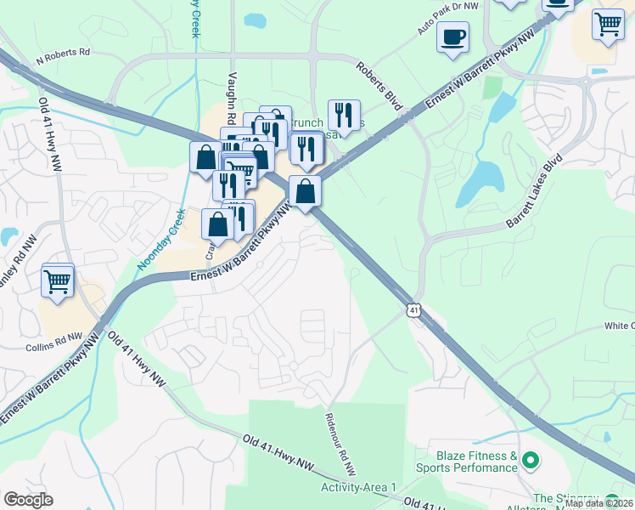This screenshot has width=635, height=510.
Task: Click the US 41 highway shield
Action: click(x=413, y=311)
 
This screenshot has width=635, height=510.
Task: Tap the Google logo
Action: click(x=28, y=500)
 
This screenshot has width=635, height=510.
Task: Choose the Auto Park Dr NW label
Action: click(x=448, y=17)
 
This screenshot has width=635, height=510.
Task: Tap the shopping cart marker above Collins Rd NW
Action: click(x=58, y=280)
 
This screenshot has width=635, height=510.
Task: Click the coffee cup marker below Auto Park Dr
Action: click(x=452, y=38)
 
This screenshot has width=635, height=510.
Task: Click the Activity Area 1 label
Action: click(x=358, y=487)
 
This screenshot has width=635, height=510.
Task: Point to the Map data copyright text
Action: click(x=598, y=503)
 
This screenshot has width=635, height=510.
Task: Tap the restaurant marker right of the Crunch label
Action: click(x=344, y=115)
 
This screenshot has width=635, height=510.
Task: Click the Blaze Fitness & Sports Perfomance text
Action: click(x=466, y=462)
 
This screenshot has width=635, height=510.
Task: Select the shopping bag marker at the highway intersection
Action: click(x=305, y=191)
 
